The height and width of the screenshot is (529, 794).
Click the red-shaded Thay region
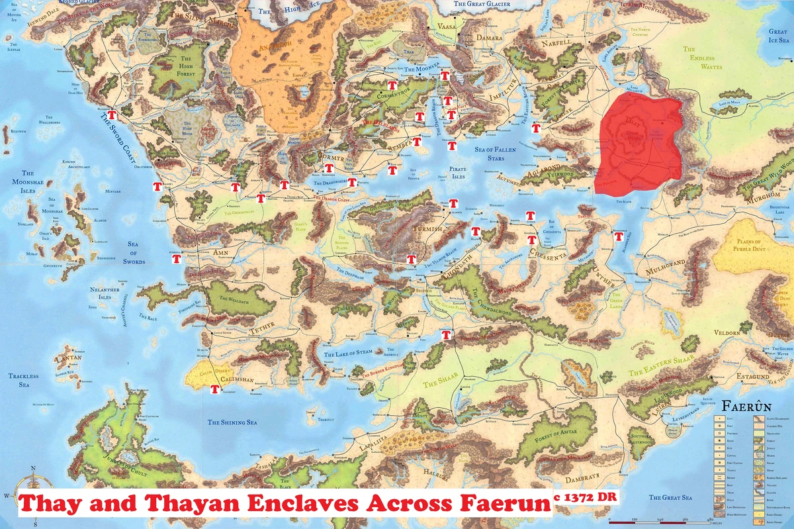pyautogui.click(x=639, y=142)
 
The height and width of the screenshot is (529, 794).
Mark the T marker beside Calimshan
pyautogui.click(x=214, y=389)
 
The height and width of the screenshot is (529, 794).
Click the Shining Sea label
pyautogui.click(x=230, y=422)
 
